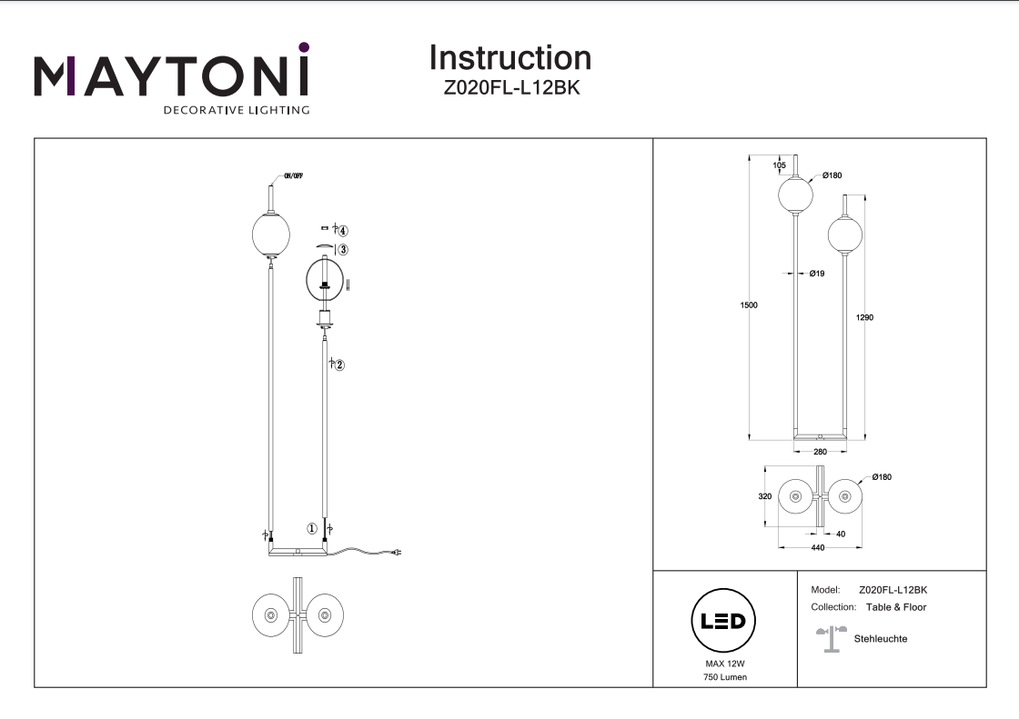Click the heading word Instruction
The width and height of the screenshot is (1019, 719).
point(509,58)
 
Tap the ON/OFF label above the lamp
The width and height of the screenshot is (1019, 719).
point(293,176)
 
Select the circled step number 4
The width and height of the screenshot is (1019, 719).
point(343,232)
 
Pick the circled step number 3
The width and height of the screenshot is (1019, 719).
point(343,250)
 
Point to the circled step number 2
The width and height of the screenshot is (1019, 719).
point(339,365)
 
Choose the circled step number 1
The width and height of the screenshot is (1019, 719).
point(311,528)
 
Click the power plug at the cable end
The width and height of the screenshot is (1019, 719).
point(397,551)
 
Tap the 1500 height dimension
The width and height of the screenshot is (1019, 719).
point(748,305)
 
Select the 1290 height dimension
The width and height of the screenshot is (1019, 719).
point(865,318)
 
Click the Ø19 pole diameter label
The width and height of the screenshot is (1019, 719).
point(816,274)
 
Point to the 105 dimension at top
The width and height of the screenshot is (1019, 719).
point(779,165)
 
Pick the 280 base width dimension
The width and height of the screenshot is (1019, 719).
point(820,452)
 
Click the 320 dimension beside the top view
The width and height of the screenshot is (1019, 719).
point(765,497)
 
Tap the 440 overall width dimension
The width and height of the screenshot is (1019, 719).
point(818,548)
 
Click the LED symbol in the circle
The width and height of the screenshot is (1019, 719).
point(725,622)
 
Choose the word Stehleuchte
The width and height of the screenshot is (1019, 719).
point(881,639)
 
